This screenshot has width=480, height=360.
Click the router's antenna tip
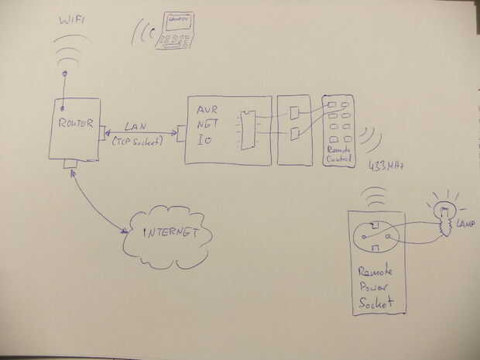click(64, 75)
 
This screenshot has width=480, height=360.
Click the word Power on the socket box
click(375, 287)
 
